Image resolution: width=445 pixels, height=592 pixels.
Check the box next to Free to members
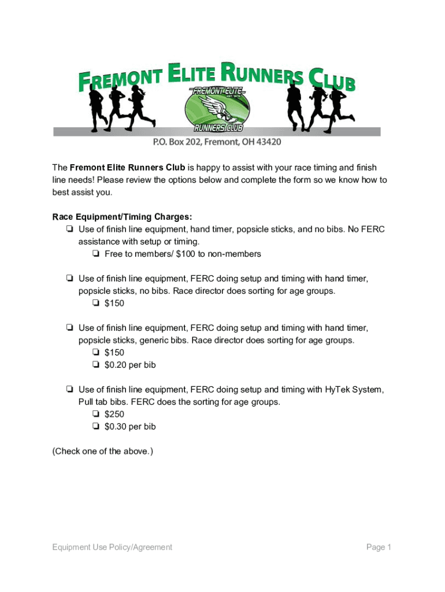(95, 254)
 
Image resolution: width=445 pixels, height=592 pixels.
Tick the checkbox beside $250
(95, 414)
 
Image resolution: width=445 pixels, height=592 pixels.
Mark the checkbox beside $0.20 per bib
(95, 365)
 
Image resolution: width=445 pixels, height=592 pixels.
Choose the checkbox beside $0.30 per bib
(95, 427)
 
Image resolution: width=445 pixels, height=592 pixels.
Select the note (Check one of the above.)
(103, 452)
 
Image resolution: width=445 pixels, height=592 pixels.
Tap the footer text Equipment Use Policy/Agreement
(112, 547)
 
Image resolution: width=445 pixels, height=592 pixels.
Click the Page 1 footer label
(379, 547)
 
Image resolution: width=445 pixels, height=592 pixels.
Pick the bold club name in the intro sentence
(127, 168)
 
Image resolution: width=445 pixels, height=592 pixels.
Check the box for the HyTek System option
(69, 390)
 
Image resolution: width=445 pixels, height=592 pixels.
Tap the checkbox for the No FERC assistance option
(69, 230)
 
